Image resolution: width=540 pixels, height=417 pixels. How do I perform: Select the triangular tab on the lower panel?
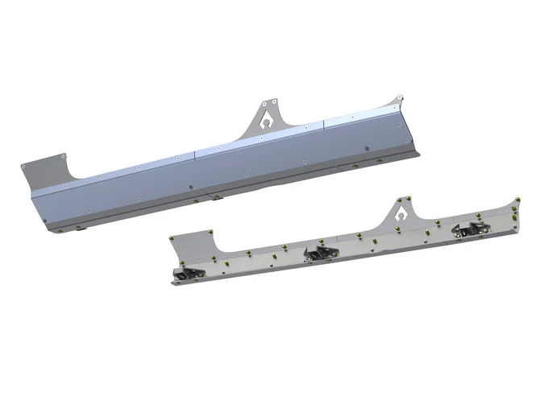(400, 215)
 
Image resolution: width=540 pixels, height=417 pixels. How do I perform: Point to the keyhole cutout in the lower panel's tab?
(401, 217)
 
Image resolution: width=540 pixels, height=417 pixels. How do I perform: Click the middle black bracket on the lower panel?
(321, 254)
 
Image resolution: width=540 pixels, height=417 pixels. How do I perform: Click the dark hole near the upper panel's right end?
(367, 149)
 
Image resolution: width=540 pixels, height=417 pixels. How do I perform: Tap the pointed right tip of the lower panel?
(517, 196)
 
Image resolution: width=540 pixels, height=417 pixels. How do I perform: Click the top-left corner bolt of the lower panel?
(172, 239)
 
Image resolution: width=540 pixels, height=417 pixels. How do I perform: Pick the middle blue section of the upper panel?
(258, 165)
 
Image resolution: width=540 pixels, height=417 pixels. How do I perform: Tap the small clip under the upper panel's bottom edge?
(214, 196)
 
